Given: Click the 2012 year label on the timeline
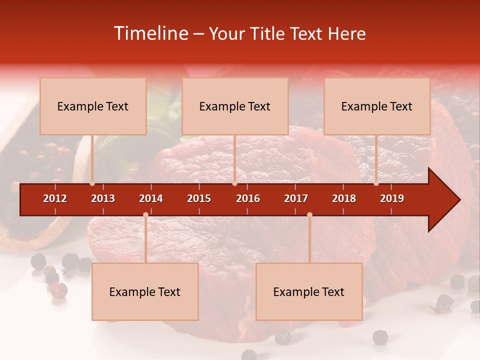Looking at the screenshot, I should click(x=55, y=198).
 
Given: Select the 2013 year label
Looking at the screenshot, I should click(x=103, y=198).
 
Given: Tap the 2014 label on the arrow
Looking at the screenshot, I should click(x=151, y=198).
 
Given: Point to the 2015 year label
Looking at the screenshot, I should click(x=199, y=198).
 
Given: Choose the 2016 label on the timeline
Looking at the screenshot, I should click(x=248, y=198).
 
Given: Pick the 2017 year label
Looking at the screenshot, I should click(x=296, y=198).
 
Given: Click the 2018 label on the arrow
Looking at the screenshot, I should click(x=344, y=198).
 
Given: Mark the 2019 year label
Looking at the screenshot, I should click(x=392, y=198).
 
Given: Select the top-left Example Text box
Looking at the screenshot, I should click(x=93, y=106).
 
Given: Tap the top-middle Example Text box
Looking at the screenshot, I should click(x=235, y=106).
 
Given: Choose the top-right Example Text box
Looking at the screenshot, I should click(x=377, y=106).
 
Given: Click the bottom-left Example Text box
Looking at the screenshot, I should click(x=145, y=291).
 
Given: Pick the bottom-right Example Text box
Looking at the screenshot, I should click(x=309, y=291).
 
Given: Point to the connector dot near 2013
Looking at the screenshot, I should click(x=92, y=183).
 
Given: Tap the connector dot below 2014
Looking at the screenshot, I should click(x=145, y=214).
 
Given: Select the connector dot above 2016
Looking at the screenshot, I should click(x=234, y=183).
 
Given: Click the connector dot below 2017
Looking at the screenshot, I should click(x=309, y=214).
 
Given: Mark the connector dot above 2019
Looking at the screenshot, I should click(x=376, y=183).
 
